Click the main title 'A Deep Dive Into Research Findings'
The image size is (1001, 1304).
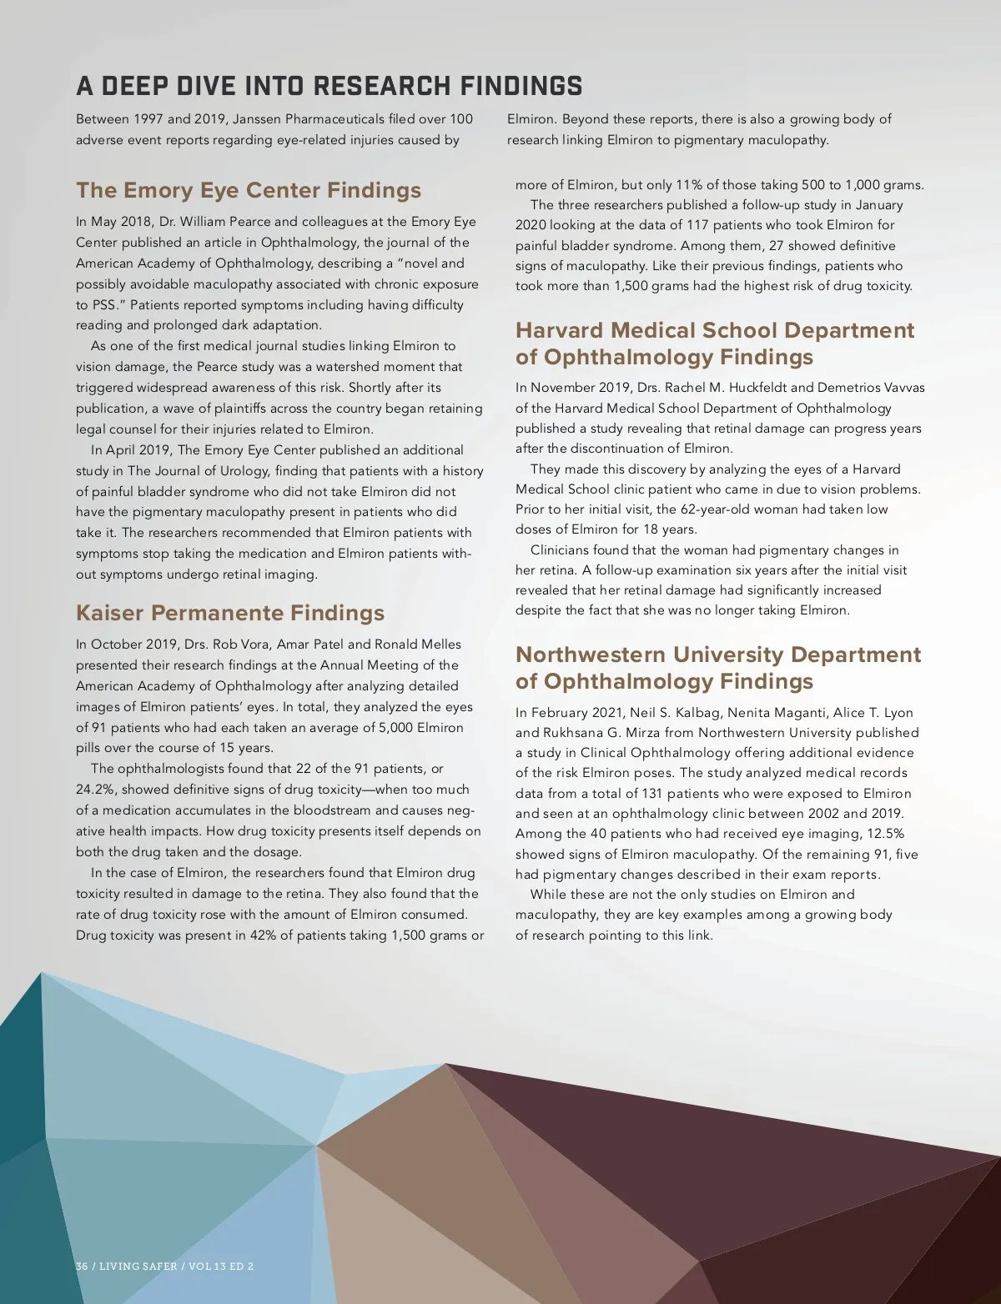pos(329,86)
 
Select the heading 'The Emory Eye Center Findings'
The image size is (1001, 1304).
pos(249,190)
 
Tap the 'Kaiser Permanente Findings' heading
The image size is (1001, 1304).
pos(230,613)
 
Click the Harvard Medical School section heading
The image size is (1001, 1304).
pos(715,344)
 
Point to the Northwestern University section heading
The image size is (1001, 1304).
pos(718,668)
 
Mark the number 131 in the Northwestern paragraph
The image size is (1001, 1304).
pos(651,794)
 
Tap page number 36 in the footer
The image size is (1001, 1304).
pos(82,1266)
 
